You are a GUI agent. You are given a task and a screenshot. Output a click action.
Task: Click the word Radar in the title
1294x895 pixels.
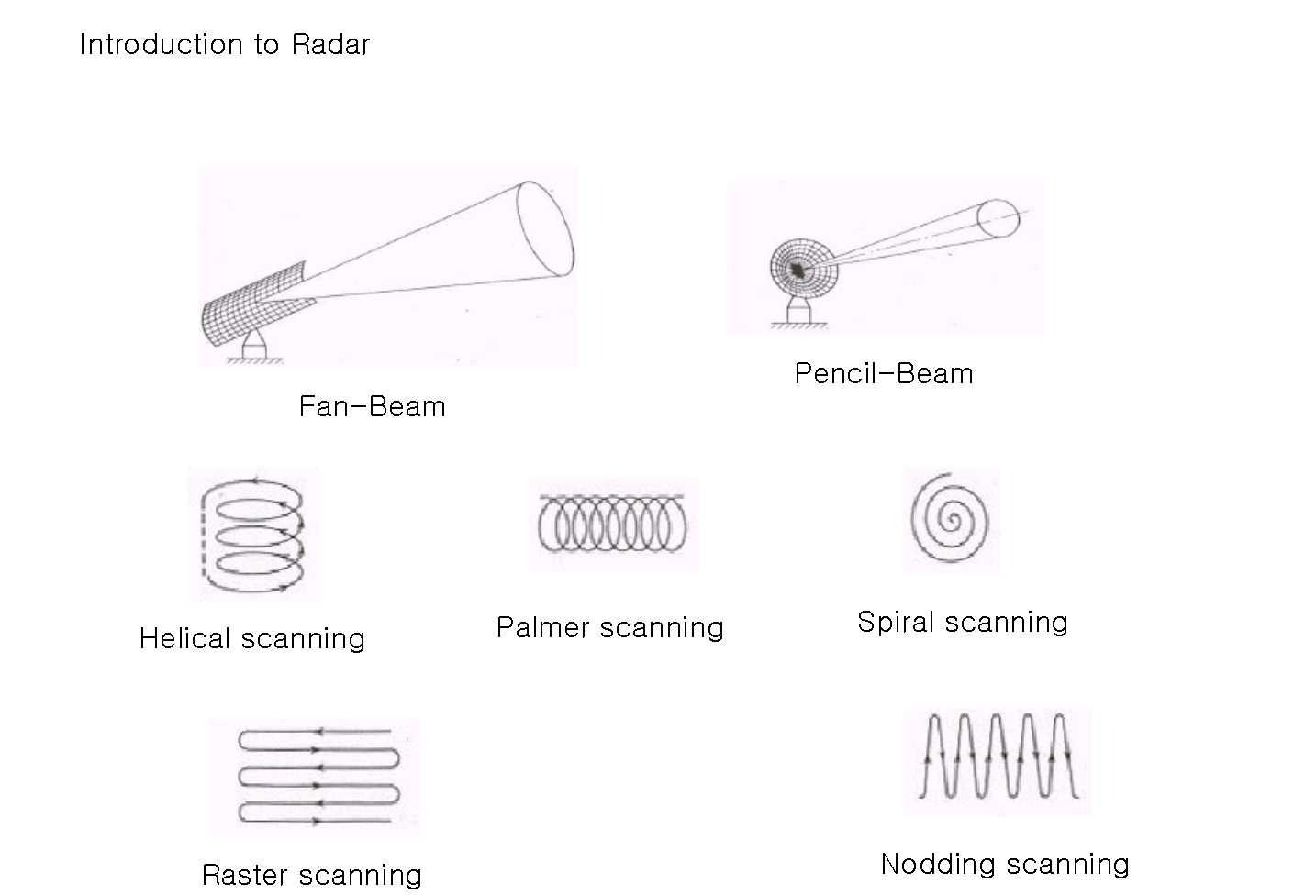330,44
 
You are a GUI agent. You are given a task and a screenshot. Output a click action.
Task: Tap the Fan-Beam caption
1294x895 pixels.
373,406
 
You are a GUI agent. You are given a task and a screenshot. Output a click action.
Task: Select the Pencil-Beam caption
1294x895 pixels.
884,374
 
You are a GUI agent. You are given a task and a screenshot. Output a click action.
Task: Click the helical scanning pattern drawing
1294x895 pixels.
253,533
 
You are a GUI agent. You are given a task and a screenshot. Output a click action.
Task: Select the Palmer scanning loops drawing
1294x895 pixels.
613,524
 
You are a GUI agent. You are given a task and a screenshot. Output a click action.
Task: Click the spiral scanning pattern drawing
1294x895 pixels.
952,520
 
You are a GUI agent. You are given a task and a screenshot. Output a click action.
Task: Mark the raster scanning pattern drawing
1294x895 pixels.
317,777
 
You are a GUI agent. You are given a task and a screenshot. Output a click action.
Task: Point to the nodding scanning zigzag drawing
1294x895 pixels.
998,761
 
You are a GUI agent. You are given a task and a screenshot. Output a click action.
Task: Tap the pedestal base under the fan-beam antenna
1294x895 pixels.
253,348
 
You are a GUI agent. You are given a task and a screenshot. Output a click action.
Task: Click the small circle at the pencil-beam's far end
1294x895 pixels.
998,217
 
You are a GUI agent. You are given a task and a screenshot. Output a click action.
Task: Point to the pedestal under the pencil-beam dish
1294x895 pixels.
797,312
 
